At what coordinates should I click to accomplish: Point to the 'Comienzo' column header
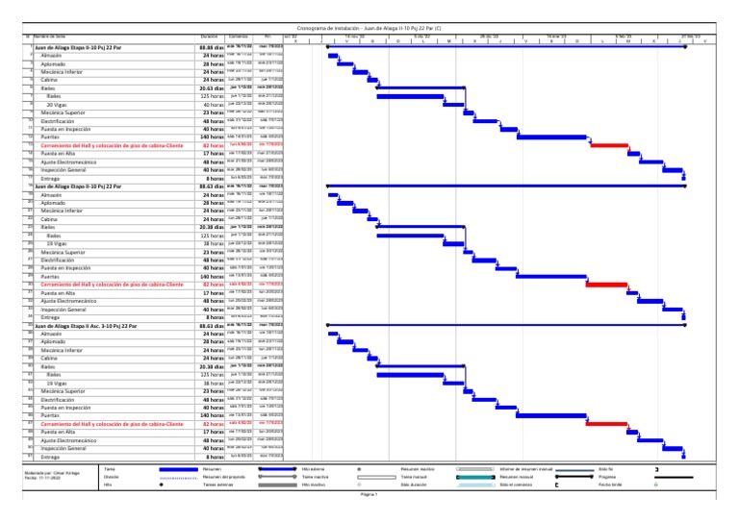tap(240, 37)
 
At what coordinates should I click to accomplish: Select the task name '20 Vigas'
tap(57, 103)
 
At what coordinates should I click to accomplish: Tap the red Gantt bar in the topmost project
tap(609, 144)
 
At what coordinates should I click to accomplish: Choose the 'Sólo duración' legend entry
tap(415, 485)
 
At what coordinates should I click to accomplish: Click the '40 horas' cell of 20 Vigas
tap(213, 103)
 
